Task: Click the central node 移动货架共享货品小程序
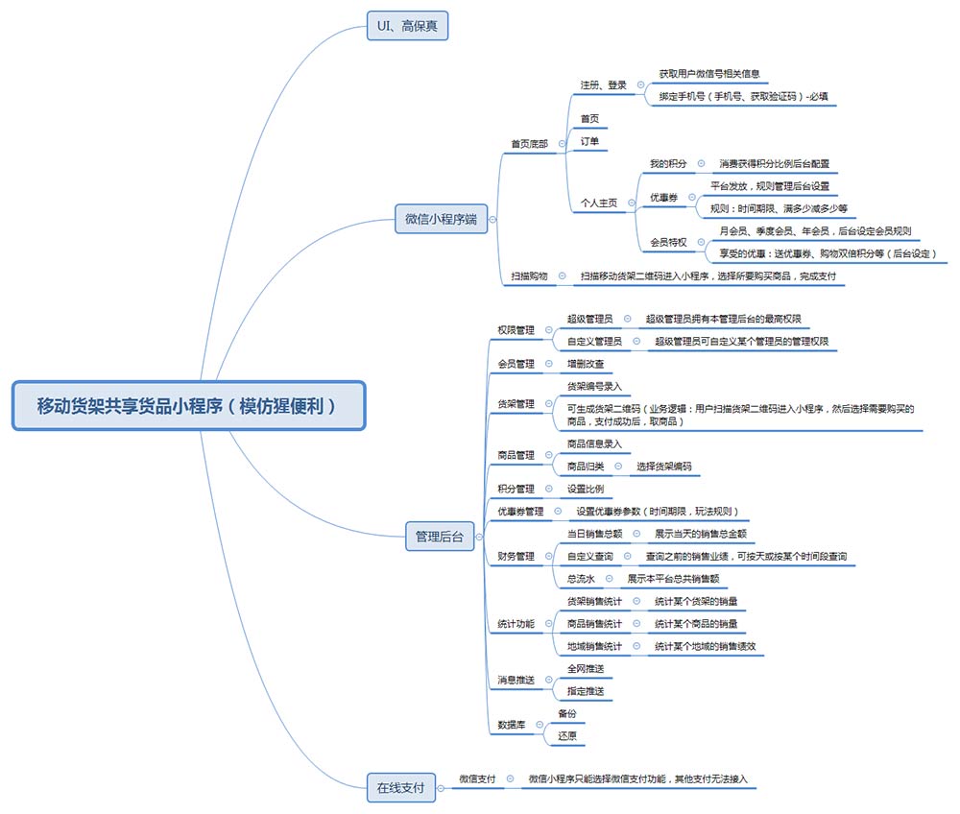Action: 188,405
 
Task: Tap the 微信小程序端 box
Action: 441,220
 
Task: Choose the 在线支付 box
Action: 400,788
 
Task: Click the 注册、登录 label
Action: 603,84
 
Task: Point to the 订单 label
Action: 589,142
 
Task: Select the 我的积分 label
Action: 668,164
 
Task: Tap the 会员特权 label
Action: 668,242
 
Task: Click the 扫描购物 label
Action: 528,276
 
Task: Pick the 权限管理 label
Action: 516,329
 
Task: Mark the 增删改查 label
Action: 586,365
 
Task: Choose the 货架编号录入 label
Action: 594,386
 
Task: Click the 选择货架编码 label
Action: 663,467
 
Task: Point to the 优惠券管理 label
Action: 520,512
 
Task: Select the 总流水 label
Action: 581,579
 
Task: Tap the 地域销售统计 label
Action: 594,647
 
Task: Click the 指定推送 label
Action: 586,691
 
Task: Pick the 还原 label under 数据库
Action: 567,736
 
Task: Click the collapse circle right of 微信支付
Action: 510,779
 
